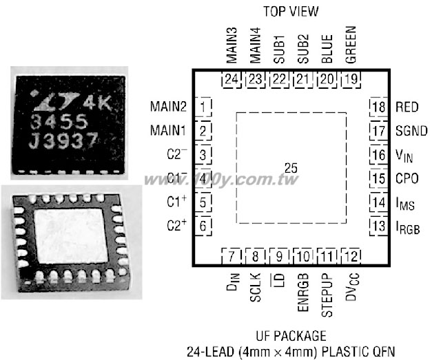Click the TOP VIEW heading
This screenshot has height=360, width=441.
[291, 12]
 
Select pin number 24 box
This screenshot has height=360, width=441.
[232, 80]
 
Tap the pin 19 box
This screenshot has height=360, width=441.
[351, 80]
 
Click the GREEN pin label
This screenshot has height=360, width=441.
[351, 45]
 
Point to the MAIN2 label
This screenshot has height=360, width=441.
[168, 107]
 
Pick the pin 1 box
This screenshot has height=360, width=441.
[203, 107]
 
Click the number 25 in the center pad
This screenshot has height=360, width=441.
[291, 168]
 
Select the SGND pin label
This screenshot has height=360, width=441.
[411, 131]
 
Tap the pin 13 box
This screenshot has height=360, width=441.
[378, 226]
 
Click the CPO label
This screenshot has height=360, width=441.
[407, 178]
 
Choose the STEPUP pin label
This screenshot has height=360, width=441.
[327, 295]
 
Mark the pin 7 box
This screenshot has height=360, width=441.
[232, 256]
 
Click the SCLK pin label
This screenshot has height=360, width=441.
[256, 288]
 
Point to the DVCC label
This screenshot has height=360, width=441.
[352, 286]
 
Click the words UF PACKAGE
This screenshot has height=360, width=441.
[291, 336]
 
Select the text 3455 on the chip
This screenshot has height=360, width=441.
[59, 122]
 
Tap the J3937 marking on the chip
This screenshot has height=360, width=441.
[63, 140]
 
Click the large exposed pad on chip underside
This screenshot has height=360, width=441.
[70, 236]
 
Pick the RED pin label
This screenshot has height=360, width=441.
[407, 107]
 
